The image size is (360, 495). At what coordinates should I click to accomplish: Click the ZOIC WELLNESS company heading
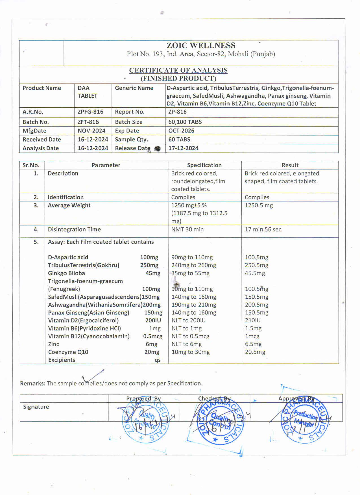[201, 45]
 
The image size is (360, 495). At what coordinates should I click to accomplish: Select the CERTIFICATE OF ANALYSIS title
[178, 70]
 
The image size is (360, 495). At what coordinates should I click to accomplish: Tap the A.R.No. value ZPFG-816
[90, 112]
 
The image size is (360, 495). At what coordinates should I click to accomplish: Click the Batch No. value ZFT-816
[88, 122]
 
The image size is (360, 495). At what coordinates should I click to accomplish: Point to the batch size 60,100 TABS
[185, 122]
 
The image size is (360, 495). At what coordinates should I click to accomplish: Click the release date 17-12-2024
[184, 148]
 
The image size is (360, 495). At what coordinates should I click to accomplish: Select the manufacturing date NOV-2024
[91, 131]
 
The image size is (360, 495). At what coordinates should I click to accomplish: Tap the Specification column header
[204, 165]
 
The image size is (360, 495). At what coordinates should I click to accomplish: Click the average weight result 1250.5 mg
[259, 205]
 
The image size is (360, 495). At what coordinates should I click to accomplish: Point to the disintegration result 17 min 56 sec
[263, 229]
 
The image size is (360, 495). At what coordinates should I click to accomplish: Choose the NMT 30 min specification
[187, 229]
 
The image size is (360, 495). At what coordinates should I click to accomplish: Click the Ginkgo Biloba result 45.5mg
[255, 273]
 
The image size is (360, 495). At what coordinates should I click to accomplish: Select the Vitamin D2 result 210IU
[253, 320]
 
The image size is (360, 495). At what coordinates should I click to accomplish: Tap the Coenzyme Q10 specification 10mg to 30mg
[191, 352]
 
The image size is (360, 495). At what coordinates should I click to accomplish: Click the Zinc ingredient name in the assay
[54, 344]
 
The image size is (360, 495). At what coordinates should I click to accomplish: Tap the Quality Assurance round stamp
[146, 420]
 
